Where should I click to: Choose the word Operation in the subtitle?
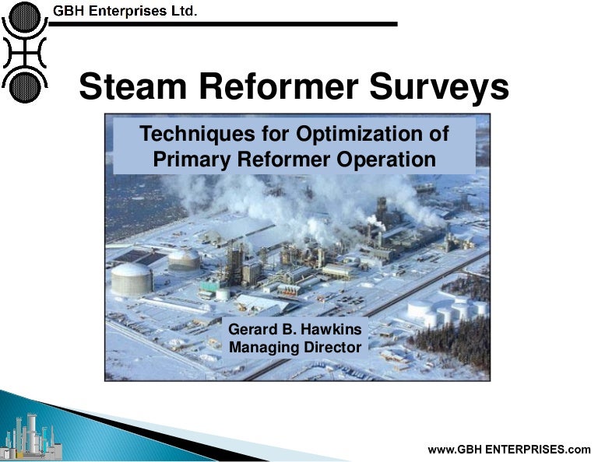[x=384, y=159]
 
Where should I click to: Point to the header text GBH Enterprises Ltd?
[x=125, y=11]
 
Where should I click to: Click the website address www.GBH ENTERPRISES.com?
[x=509, y=449]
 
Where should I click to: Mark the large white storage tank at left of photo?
[x=132, y=278]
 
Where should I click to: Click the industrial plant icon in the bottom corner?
[x=31, y=436]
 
